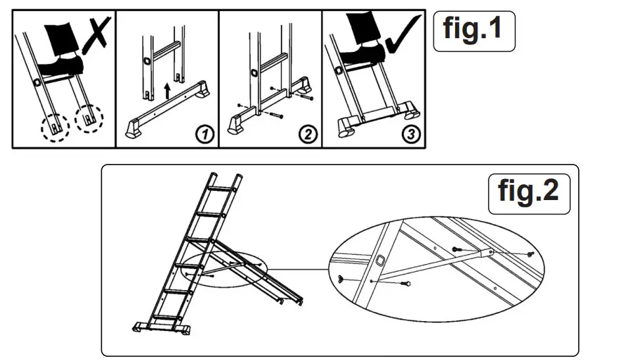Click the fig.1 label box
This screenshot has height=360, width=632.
point(474,30)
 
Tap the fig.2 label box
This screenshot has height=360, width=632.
point(529,191)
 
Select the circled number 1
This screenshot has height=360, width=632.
point(205,135)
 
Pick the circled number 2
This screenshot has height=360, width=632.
point(307,135)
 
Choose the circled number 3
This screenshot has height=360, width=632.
point(411,135)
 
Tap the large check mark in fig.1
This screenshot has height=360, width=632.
point(402,33)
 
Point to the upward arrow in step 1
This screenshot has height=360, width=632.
point(168,91)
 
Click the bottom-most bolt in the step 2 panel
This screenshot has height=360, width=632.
point(274,116)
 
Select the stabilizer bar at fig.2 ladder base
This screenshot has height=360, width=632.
point(162,326)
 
